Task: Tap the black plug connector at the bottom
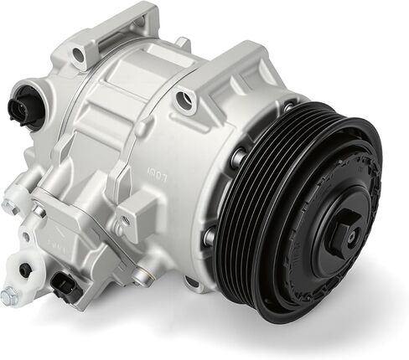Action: click(65, 285)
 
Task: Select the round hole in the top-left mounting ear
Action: click(78, 55)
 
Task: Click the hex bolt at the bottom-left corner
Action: click(10, 296)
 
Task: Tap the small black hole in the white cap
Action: click(26, 270)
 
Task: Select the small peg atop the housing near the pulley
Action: click(181, 41)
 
